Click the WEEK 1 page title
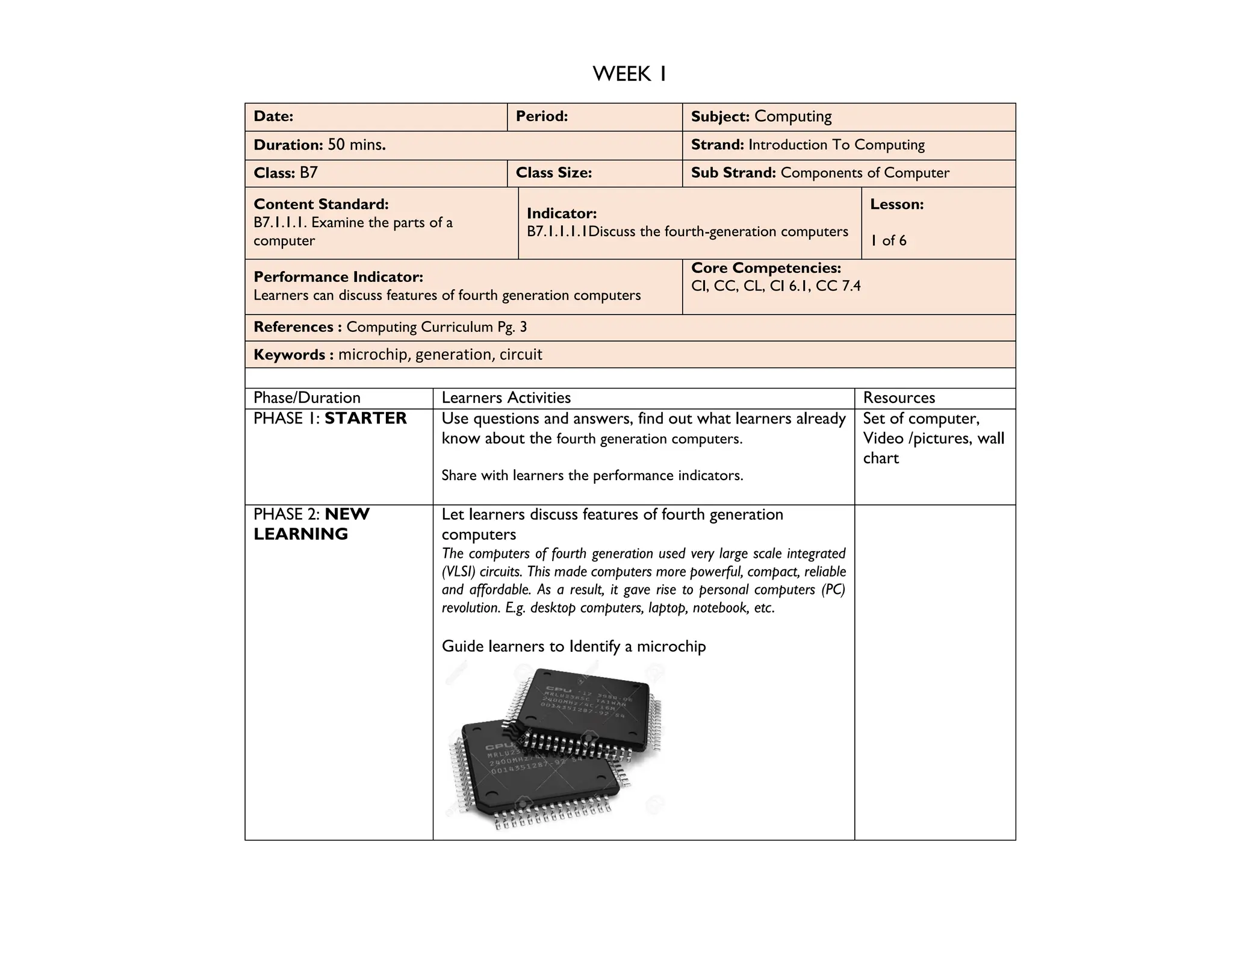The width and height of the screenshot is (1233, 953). point(629,74)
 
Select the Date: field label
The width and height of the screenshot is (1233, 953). point(273,116)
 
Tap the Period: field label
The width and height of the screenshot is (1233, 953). point(542,116)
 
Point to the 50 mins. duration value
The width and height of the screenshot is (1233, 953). point(356,145)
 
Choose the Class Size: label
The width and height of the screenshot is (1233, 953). point(554,173)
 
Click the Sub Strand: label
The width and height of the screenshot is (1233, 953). point(733,173)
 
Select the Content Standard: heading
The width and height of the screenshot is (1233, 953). point(321,204)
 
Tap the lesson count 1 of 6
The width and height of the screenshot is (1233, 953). point(888,241)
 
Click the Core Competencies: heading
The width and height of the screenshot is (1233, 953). point(766,268)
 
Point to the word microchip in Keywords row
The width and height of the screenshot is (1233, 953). point(373,354)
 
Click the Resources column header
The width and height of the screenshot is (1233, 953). point(899,398)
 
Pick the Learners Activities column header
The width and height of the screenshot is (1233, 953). point(506,398)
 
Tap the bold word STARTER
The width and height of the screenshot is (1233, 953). point(365,418)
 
